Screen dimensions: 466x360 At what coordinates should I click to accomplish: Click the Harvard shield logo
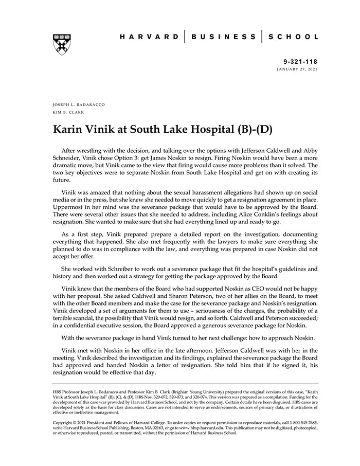62,44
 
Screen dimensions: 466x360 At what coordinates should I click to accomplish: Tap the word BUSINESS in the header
223,37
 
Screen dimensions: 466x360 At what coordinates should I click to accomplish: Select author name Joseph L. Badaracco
79,104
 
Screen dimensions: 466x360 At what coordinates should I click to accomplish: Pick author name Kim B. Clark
68,112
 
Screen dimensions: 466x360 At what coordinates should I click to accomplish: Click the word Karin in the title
70,129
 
